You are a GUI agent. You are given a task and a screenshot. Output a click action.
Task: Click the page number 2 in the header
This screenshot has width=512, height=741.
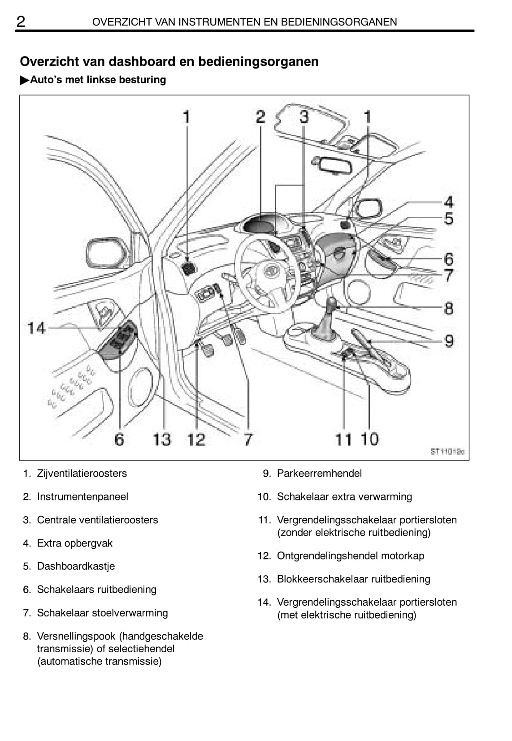[21, 21]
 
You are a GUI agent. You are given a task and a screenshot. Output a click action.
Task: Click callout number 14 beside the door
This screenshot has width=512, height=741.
[36, 328]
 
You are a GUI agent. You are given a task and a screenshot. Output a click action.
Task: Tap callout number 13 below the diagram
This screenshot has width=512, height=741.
[161, 439]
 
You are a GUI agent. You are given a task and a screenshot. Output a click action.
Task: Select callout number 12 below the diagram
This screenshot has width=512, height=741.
[196, 439]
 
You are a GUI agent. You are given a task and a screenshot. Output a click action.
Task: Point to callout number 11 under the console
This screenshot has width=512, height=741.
[343, 439]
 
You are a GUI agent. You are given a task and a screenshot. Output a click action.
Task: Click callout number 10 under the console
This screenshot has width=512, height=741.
[369, 439]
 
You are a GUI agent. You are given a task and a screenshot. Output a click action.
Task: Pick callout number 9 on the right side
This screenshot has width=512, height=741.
[449, 341]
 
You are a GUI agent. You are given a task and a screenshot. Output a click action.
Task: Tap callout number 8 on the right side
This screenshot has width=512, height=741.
[449, 308]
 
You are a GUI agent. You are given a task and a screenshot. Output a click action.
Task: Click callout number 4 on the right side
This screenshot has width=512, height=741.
[449, 202]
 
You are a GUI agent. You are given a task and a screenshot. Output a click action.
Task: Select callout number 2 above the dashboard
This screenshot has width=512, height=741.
[260, 117]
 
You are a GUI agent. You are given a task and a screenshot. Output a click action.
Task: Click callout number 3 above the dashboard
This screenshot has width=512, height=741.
[304, 117]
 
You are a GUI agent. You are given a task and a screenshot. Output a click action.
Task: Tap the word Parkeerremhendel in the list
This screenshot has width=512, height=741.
[319, 473]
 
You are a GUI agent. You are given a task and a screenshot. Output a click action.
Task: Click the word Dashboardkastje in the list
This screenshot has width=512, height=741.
[76, 566]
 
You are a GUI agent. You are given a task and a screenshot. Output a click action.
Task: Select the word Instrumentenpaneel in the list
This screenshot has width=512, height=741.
[82, 496]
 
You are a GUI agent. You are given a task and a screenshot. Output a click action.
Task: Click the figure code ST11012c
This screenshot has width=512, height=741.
[447, 452]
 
